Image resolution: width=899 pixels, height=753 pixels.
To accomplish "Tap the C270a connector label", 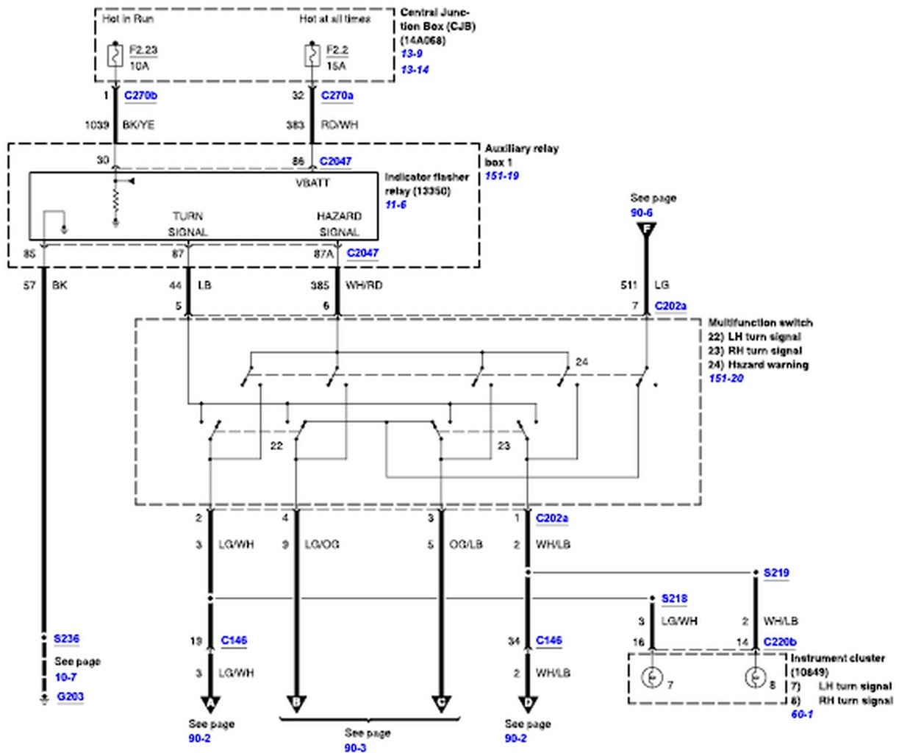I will [x=337, y=96].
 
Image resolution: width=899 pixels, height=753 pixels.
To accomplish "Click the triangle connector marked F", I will [x=646, y=229].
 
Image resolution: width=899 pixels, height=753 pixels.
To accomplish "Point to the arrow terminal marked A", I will [x=211, y=704].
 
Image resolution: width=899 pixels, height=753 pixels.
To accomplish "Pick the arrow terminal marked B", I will [x=296, y=704].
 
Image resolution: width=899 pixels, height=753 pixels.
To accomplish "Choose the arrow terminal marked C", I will [x=441, y=704].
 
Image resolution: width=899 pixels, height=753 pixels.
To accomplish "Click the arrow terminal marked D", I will [x=528, y=704].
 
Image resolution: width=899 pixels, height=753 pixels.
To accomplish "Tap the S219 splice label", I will [x=776, y=573].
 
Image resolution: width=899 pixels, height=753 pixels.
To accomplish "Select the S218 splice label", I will [x=675, y=599].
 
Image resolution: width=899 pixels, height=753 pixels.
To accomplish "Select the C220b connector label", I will [x=779, y=642].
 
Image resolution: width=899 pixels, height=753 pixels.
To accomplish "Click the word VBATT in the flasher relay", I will [x=312, y=182].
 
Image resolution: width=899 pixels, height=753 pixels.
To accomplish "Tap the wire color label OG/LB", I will [x=465, y=545].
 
